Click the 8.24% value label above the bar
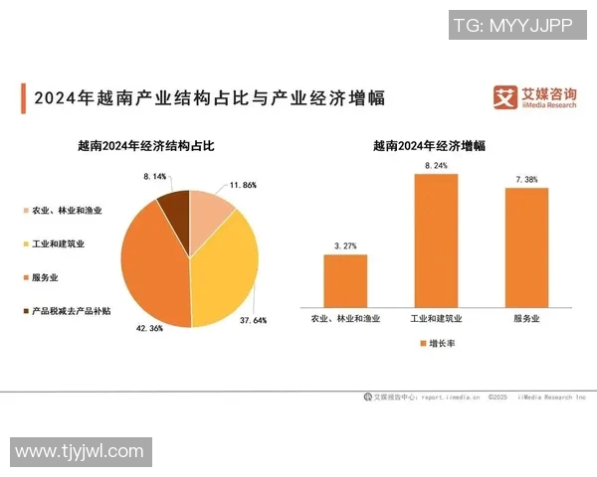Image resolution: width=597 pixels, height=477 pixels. (x=436, y=165)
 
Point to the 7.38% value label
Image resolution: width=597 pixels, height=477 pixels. (x=526, y=179)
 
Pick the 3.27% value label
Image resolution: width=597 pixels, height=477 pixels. (x=345, y=245)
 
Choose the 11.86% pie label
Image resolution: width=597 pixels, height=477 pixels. (x=243, y=185)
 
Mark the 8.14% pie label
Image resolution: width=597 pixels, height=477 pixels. (x=155, y=176)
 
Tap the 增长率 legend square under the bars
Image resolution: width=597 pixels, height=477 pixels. (x=421, y=344)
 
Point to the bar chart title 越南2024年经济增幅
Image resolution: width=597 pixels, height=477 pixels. (x=429, y=145)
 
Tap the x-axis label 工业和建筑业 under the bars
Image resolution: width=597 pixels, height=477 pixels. (x=436, y=319)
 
